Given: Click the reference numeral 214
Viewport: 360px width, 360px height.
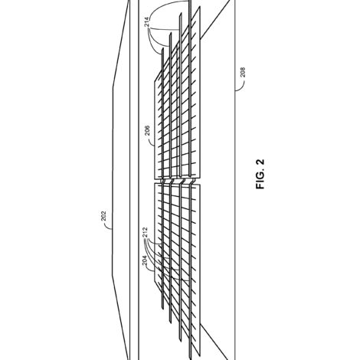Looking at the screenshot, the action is (x=146, y=22).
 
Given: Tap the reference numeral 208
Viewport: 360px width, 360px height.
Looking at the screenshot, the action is (x=243, y=72).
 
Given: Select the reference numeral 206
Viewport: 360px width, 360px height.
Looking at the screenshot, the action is (x=147, y=130).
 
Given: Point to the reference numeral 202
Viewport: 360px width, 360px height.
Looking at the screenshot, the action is (x=103, y=216).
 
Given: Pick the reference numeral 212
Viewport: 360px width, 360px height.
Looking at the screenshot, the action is (x=146, y=232).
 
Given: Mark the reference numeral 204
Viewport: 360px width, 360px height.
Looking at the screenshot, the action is (x=145, y=260).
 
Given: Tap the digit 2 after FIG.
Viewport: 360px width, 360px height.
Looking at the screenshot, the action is (x=260, y=162).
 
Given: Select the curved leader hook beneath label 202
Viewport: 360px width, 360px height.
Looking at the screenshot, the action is (x=109, y=226).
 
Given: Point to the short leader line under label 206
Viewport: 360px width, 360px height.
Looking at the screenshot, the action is (x=151, y=141).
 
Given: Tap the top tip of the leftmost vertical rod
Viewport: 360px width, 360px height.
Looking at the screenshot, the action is (x=162, y=48).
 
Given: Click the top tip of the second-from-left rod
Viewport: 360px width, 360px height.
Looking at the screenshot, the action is (x=171, y=33).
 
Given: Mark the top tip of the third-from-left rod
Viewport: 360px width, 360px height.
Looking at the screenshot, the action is (x=181, y=12).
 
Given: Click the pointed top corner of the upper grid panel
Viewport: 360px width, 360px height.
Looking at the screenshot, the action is (x=199, y=7).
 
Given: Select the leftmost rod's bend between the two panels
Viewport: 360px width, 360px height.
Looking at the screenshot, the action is (x=162, y=181).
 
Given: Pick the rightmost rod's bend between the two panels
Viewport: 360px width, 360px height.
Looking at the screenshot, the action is (x=191, y=181).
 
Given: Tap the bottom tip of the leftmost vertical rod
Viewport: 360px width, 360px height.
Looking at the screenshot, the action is (x=162, y=309).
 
